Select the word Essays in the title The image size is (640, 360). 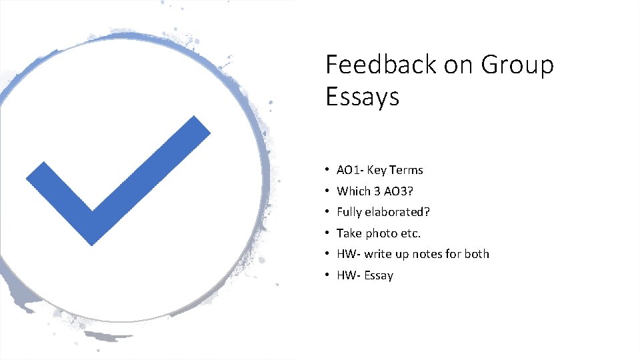point(362,97)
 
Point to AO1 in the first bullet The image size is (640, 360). point(349,170)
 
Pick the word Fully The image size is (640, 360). point(349,213)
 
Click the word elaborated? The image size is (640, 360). point(398,212)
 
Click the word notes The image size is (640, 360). point(430,254)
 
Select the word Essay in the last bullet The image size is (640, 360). point(379,275)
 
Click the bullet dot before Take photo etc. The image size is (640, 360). point(329,233)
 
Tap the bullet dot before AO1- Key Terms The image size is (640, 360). point(329,170)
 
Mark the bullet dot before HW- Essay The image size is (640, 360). point(329,275)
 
